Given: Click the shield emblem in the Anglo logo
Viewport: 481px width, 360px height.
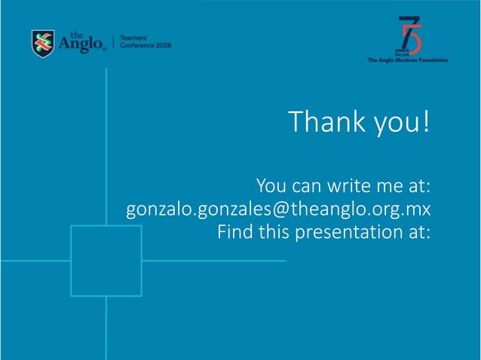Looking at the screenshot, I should point(43,43).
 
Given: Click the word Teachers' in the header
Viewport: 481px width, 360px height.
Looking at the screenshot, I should point(134,38).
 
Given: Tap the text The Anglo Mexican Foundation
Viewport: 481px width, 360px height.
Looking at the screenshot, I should point(407,60).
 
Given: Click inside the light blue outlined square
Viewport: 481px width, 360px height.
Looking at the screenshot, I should point(106,261).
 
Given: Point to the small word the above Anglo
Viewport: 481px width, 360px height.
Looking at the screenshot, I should point(77,35).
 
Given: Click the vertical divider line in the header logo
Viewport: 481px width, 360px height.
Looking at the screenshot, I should point(112,42).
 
